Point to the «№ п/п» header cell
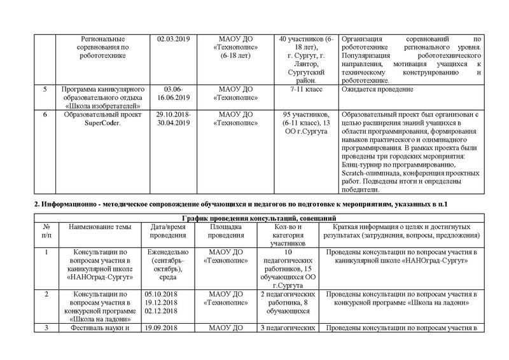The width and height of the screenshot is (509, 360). point(45,231)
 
